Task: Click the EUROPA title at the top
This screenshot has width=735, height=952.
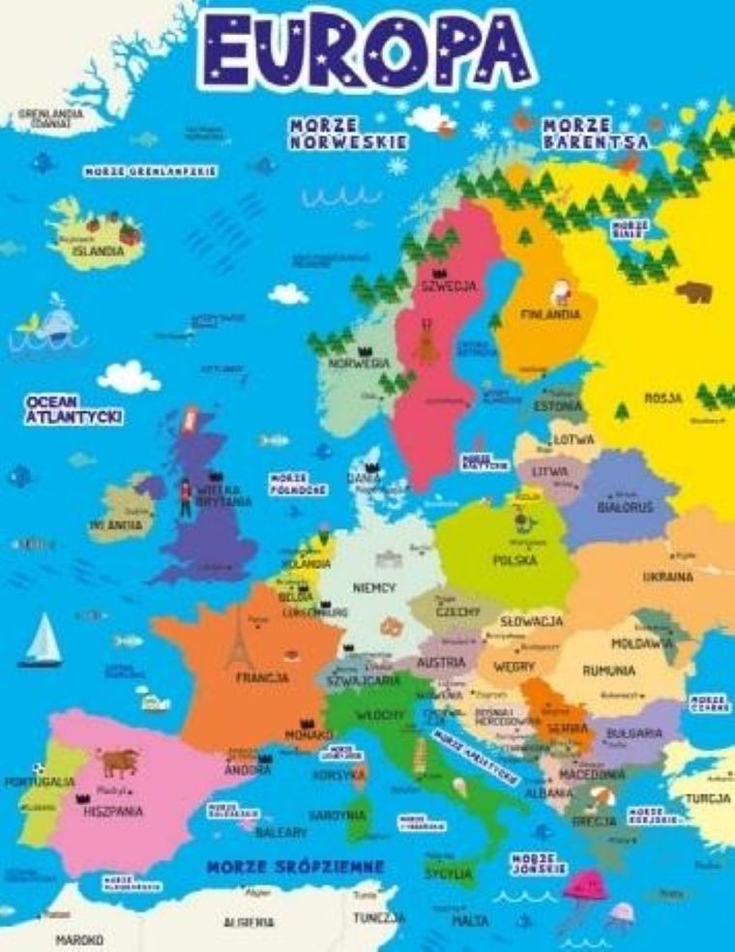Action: tap(368, 48)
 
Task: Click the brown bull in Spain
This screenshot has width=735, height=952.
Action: tap(119, 763)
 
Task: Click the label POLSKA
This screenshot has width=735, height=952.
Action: tap(514, 560)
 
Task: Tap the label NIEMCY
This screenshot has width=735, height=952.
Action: tap(374, 587)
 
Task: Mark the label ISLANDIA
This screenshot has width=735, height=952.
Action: tap(98, 251)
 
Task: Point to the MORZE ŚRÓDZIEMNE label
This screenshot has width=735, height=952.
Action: tap(295, 865)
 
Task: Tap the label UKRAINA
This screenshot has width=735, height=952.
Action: tap(667, 577)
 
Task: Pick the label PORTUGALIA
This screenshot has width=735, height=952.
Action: tap(39, 781)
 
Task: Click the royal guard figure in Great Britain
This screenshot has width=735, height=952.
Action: tap(185, 496)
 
